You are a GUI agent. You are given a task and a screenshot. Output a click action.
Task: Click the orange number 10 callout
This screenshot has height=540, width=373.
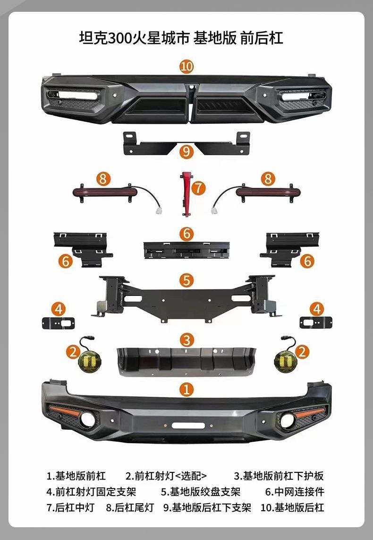tap(186, 66)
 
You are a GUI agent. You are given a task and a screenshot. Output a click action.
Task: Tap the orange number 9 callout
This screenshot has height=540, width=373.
tap(186, 151)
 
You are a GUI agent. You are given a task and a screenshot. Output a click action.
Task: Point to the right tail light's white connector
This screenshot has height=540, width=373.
tap(214, 210)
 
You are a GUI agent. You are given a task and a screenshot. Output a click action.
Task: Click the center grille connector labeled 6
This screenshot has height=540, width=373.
tap(186, 250)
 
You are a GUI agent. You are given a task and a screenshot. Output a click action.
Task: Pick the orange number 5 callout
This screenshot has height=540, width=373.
tap(186, 280)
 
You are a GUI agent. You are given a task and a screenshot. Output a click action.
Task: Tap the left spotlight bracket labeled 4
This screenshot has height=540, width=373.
tap(58, 323)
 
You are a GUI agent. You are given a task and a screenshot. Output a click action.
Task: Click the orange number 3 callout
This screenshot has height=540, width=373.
tap(186, 340)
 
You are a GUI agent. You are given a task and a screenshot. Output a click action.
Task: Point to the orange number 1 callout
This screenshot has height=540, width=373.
tap(186, 390)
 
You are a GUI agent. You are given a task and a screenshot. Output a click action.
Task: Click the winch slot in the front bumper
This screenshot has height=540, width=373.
tap(188, 425)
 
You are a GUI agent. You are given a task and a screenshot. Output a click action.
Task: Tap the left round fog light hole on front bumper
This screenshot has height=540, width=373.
tap(88, 419)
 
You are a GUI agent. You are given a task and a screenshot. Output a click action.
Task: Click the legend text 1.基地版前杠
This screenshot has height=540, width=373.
tap(76, 476)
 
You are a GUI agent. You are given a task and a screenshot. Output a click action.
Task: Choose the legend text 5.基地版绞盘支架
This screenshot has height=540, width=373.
tap(201, 492)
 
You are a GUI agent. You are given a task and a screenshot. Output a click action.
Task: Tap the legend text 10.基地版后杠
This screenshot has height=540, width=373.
tap(292, 508)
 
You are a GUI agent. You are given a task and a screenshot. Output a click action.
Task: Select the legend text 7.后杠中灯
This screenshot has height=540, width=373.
tap(70, 508)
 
